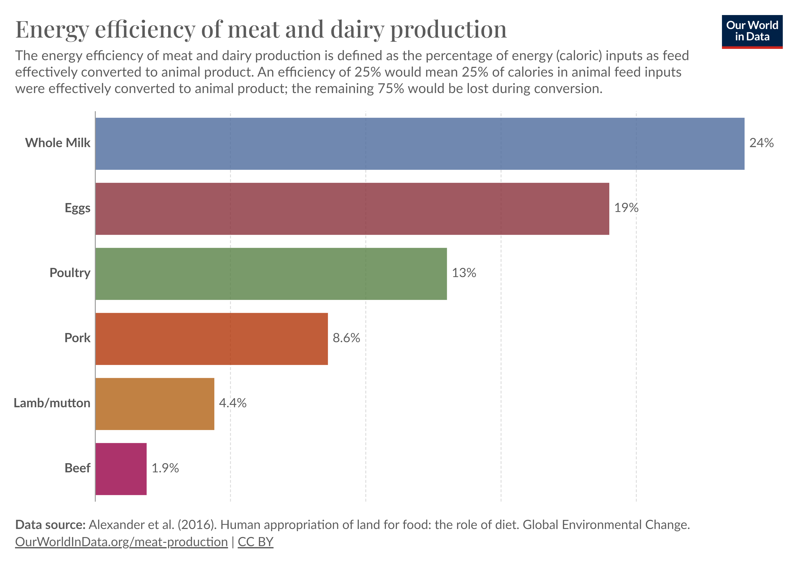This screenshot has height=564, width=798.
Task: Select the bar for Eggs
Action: (352, 209)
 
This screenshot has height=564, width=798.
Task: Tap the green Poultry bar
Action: (271, 274)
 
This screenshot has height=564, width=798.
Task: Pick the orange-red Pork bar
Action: (211, 339)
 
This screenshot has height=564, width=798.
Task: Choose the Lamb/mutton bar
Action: (155, 404)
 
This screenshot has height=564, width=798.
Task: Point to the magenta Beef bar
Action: (121, 469)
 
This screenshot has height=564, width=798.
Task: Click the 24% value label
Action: (761, 143)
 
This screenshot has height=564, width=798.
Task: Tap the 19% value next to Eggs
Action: (626, 208)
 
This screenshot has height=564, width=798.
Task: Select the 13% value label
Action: (464, 273)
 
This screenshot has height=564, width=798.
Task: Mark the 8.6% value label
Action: (346, 338)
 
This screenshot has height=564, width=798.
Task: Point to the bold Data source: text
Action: (50, 525)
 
